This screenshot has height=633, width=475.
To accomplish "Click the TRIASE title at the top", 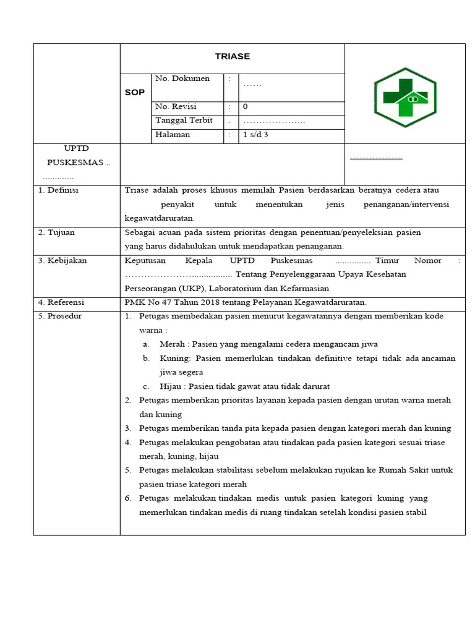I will pos(233,56).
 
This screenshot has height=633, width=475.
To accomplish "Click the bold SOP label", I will pos(134,92).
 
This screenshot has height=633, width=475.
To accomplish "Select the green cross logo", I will pos(405,97).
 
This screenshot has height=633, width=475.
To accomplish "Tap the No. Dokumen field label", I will pos(182,79).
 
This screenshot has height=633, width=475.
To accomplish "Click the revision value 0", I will pos(246,106).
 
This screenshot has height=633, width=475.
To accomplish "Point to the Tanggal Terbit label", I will pos(184,121).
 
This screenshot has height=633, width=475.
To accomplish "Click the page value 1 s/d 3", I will pos(255,134).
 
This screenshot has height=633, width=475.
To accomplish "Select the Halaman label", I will pos(173,134).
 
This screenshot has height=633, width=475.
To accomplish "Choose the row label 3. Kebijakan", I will pos(62,261).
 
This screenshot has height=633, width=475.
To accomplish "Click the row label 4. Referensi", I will pos(61,302).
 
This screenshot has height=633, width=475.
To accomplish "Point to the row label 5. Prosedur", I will pos(60,316).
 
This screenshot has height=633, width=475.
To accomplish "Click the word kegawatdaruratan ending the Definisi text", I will pos(159,218).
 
